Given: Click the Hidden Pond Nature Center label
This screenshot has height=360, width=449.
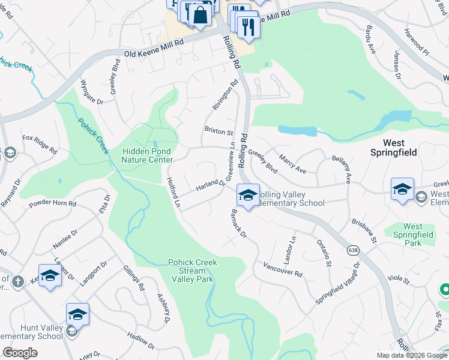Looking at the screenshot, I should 147,155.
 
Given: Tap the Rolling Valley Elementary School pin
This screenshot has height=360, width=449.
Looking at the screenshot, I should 248,195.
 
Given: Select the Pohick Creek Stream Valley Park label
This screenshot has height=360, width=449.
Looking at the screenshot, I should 192,271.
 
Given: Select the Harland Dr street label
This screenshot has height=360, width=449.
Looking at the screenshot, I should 209,187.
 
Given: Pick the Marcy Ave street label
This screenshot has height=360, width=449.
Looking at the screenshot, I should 292,163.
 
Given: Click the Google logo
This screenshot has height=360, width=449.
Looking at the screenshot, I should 20,353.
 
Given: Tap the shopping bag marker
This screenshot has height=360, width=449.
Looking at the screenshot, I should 200,14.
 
